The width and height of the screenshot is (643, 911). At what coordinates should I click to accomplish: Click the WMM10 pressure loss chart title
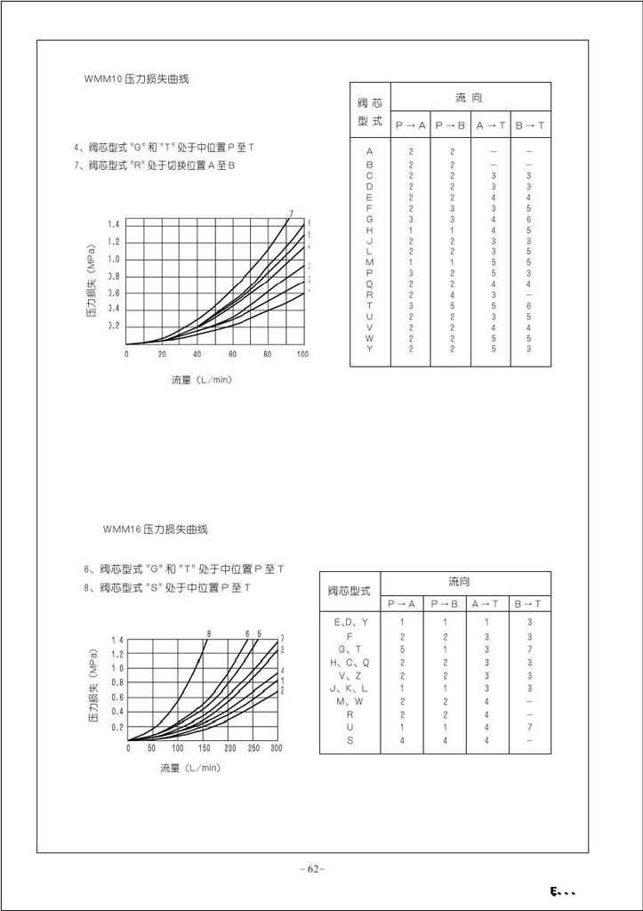137,79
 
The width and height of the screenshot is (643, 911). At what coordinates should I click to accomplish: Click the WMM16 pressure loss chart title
155,529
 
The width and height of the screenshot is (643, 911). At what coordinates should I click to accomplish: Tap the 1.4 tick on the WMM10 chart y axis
115,224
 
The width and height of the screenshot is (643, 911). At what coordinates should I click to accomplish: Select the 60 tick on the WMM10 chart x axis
231,354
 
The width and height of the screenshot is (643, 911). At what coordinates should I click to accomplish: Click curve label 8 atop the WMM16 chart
208,633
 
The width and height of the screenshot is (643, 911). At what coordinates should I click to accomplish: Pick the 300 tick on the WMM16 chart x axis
276,748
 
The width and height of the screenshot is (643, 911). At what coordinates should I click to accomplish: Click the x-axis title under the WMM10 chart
202,380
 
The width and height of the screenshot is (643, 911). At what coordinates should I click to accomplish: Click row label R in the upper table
370,294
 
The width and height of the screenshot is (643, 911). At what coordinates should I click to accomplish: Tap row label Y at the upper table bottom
370,349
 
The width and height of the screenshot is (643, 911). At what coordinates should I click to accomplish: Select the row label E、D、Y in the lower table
350,622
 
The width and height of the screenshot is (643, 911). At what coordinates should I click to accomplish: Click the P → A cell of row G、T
402,649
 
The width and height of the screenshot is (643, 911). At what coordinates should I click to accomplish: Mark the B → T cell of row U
530,727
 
